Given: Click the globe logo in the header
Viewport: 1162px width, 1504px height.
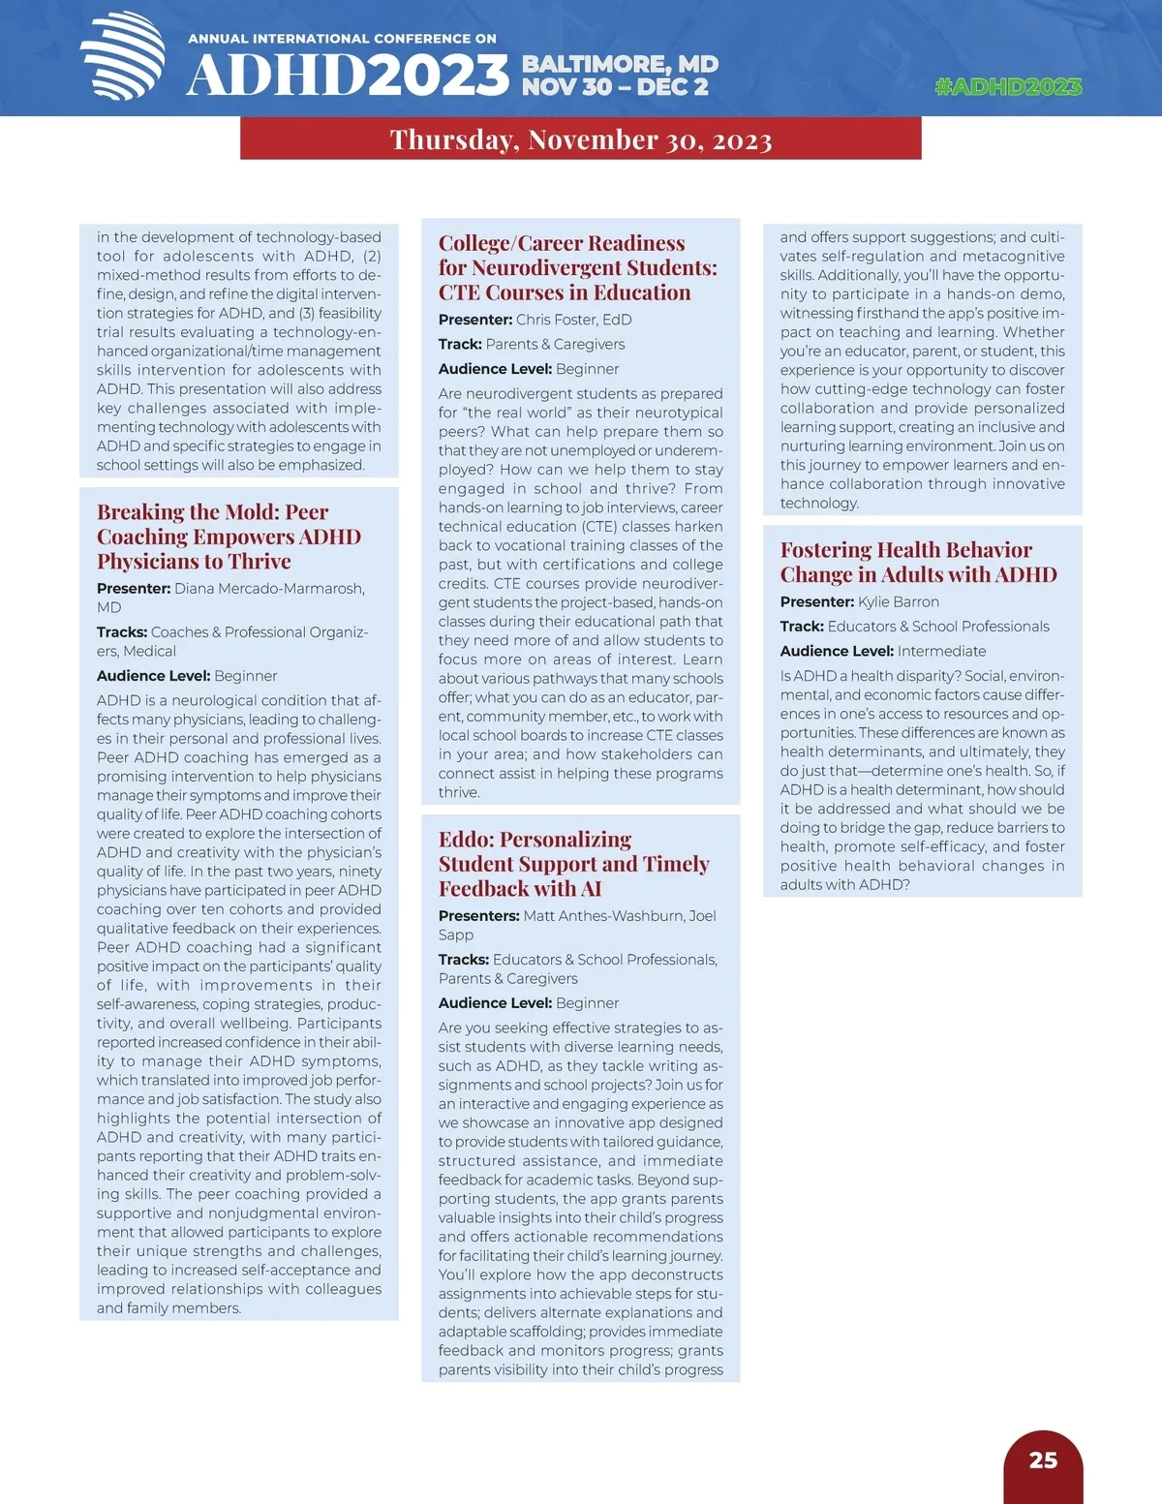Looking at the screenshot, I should (x=123, y=56).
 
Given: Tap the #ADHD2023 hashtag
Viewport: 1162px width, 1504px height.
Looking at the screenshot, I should (x=1008, y=86).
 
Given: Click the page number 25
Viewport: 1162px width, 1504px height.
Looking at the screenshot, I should (x=1043, y=1460).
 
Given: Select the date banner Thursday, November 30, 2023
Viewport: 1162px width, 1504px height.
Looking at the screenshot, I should (x=581, y=139).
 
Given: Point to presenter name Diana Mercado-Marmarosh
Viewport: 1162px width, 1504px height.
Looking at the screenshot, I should (x=268, y=589).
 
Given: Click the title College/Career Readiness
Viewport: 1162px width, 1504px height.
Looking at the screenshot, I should (x=562, y=243).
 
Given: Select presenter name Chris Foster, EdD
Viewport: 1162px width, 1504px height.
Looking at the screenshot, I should (x=573, y=320).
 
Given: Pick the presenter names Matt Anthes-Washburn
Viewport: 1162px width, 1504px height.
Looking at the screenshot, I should (x=602, y=916).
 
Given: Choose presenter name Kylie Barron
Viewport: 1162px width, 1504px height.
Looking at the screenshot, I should (x=898, y=602).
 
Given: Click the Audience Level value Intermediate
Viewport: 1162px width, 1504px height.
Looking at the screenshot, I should (x=941, y=652).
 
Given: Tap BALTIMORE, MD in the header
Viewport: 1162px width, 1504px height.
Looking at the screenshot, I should (x=620, y=64).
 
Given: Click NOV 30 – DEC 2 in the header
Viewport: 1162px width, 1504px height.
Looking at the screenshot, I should (x=615, y=87).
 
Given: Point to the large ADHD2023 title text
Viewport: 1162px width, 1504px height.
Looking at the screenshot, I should (x=347, y=76).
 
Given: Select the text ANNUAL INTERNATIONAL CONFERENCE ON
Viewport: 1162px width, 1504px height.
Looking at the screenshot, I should (x=342, y=39).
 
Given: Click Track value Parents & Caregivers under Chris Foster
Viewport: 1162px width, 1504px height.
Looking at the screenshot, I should (x=555, y=345).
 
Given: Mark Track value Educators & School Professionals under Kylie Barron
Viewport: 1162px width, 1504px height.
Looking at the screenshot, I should (x=937, y=627).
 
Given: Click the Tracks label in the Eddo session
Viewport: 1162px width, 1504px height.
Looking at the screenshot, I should (x=463, y=960).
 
